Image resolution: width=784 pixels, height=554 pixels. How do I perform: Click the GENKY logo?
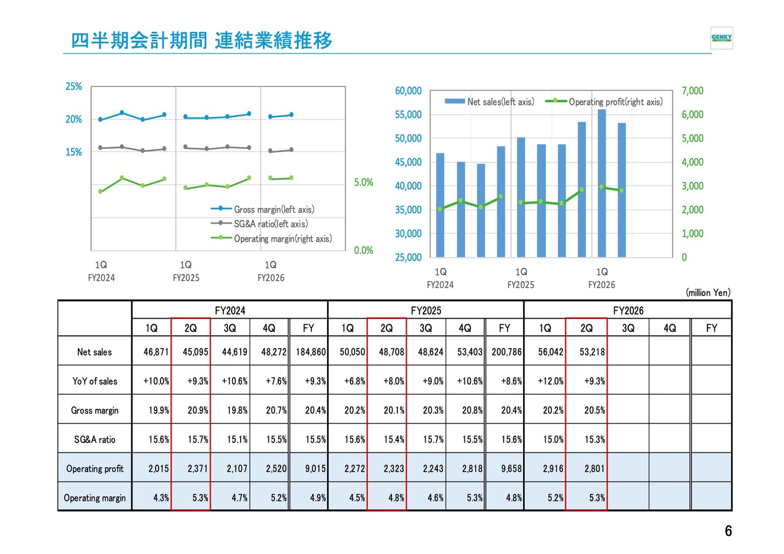coord(721,38)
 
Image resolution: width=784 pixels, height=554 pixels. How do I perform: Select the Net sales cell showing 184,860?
coord(309,352)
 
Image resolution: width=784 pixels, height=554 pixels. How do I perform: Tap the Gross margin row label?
coord(94,410)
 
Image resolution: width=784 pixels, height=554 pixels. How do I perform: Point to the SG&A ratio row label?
coord(94,439)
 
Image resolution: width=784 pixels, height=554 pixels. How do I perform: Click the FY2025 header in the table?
coord(426,311)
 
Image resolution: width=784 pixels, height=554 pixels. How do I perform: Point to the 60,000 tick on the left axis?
coord(409,91)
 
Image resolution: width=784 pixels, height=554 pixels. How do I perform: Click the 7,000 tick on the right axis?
coord(693,91)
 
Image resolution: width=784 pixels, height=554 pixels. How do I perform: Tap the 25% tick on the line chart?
coord(74,87)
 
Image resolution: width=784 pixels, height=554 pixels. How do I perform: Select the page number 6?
coord(728,531)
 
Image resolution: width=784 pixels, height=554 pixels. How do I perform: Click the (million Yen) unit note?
coord(707,293)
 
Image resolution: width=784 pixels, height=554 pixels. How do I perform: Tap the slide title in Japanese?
coord(202,41)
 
